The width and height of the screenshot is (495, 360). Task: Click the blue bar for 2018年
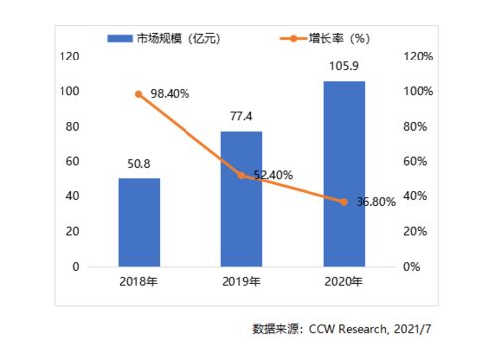pyautogui.click(x=139, y=222)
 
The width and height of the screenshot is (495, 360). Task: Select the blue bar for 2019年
pyautogui.click(x=241, y=198)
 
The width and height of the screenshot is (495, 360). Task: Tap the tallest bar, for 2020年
pyautogui.click(x=344, y=174)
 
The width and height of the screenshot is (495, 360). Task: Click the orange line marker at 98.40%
pyautogui.click(x=139, y=94)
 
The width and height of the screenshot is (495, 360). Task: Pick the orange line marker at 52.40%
pyautogui.click(x=241, y=175)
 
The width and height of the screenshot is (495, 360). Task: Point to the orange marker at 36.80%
pyautogui.click(x=344, y=202)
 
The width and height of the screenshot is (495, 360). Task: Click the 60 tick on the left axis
pyautogui.click(x=72, y=162)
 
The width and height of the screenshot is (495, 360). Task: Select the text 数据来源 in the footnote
pyautogui.click(x=277, y=328)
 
